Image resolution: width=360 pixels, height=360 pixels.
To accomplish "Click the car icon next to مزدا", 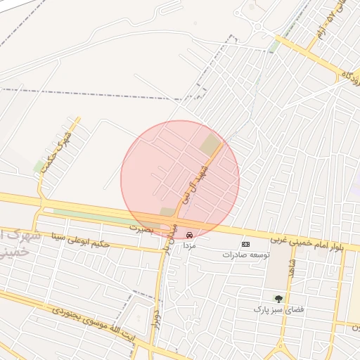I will pyautogui.click(x=189, y=235).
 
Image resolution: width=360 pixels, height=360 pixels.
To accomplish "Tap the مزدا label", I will pyautogui.click(x=189, y=245).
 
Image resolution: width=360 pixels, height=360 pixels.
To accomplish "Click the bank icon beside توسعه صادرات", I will pyautogui.click(x=245, y=244).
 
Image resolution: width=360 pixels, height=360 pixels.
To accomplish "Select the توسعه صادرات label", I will pyautogui.click(x=246, y=255).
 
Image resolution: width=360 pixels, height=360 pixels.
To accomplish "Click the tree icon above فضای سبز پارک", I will pyautogui.click(x=278, y=299).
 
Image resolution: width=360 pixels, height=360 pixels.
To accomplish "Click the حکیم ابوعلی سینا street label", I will pyautogui.click(x=81, y=240).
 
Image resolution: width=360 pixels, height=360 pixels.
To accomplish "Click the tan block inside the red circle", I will pyautogui.click(x=210, y=146).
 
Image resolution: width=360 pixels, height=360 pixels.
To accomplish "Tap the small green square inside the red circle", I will pyautogui.click(x=167, y=212).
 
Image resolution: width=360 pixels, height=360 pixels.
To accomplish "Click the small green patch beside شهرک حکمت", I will pyautogui.click(x=39, y=166).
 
